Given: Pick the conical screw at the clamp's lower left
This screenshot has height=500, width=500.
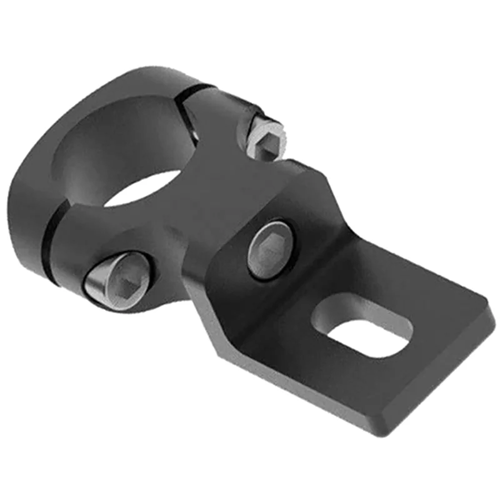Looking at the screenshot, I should point(116,280).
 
